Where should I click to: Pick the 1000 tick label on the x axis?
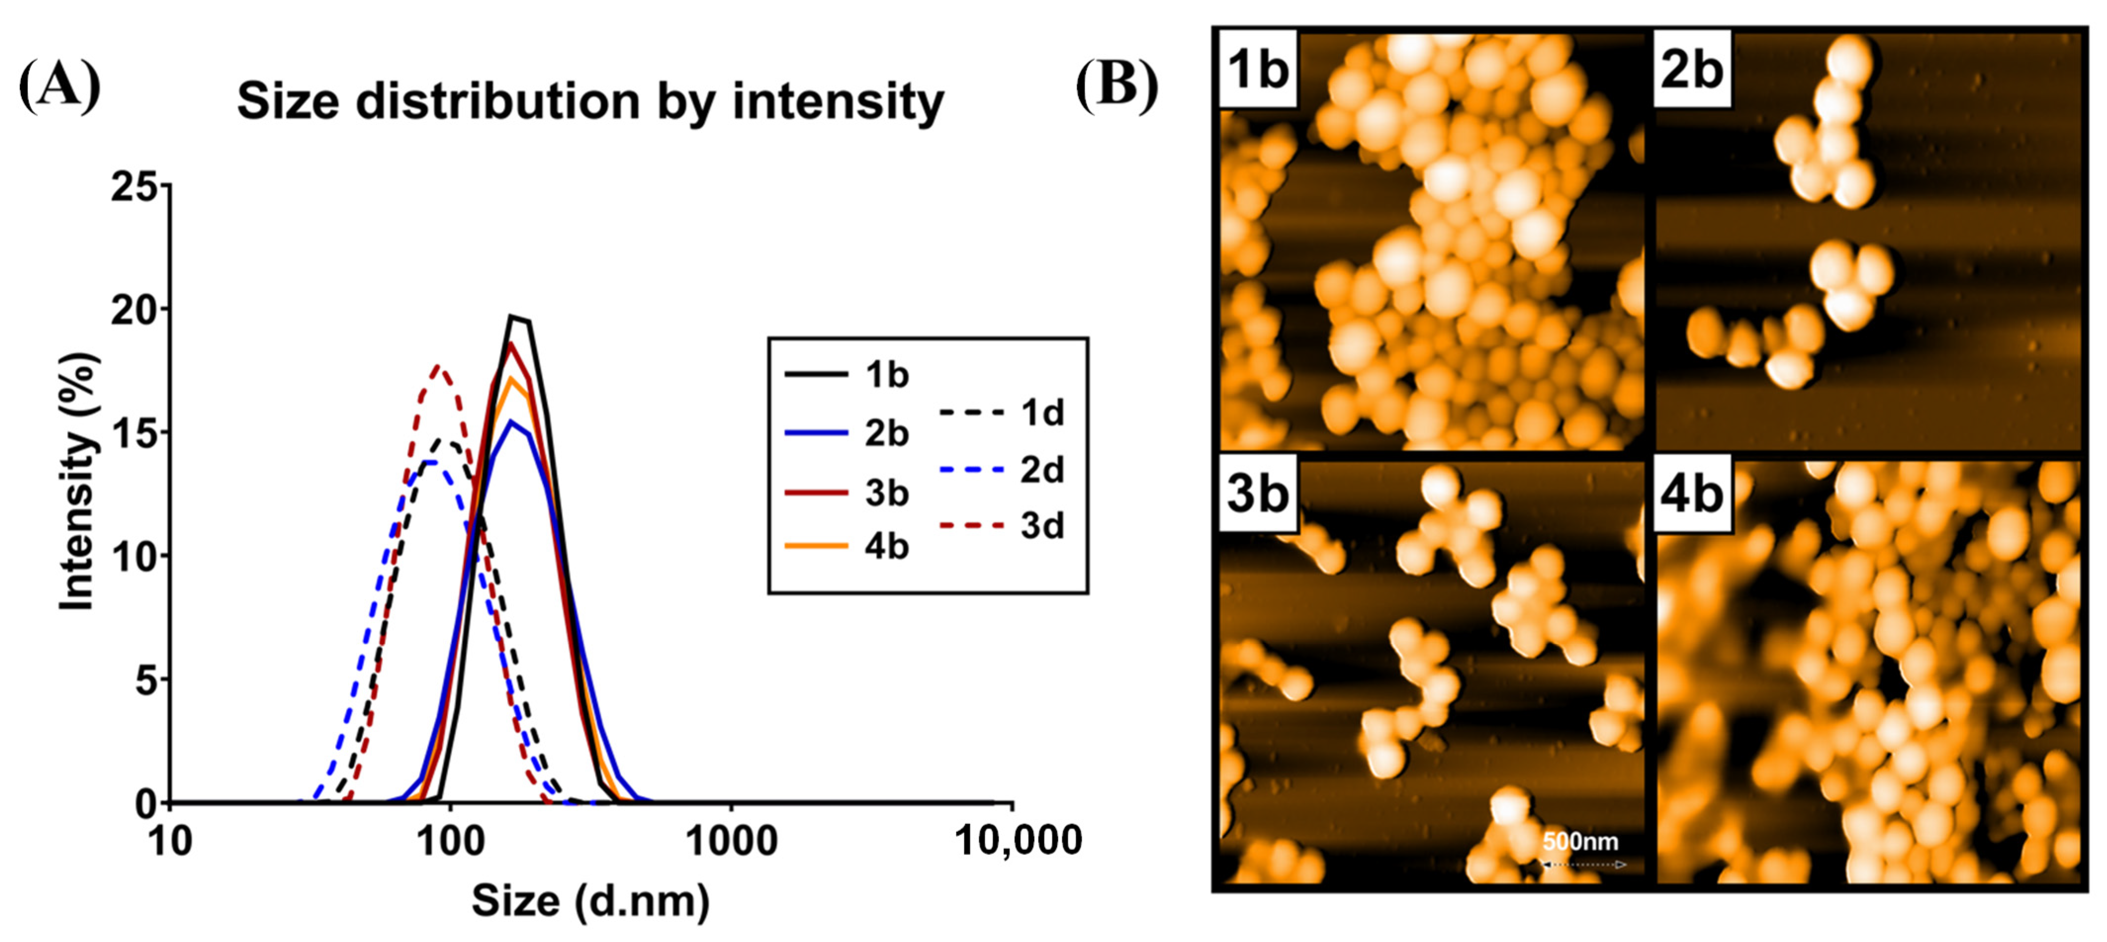tap(730, 841)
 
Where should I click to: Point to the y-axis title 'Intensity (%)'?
tap(78, 482)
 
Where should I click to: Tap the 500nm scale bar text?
tap(1580, 841)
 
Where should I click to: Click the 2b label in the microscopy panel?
tap(1692, 70)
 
